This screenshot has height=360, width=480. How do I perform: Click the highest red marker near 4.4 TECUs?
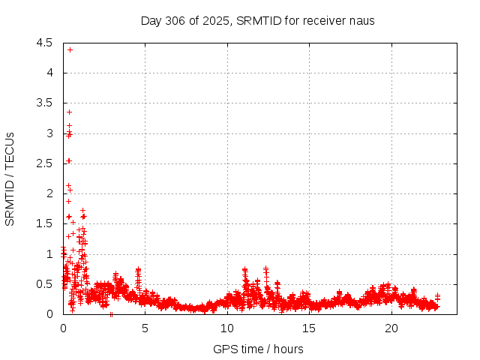tap(70, 49)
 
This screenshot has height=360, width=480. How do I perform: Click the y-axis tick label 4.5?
tap(44, 43)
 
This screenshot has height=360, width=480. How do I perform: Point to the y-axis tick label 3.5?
tap(44, 103)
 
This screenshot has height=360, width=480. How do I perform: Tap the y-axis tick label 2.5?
tap(44, 163)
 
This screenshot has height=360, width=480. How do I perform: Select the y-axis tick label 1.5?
tap(44, 223)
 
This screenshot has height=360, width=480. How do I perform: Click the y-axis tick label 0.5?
tap(44, 284)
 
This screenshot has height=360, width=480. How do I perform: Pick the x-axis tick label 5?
tap(145, 328)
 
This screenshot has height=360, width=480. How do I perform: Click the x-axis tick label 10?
tap(227, 328)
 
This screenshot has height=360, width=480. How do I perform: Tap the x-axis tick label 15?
tap(309, 328)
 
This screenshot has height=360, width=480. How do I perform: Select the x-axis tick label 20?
tap(391, 328)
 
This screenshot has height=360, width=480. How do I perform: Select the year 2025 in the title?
tap(217, 20)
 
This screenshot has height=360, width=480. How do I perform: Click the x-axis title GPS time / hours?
tap(258, 349)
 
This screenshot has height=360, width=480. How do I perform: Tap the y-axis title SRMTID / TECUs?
tap(10, 178)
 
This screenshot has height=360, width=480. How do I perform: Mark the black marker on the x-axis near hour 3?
tap(112, 314)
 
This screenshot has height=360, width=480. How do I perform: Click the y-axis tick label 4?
tap(49, 73)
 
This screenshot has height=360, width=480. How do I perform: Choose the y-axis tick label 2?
tap(49, 193)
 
